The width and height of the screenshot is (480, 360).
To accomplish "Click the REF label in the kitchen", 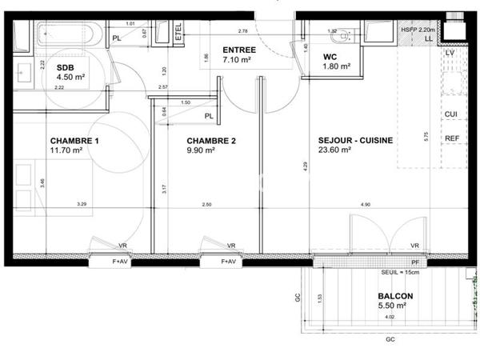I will (451, 138).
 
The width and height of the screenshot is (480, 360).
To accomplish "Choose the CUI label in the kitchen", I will (450, 114).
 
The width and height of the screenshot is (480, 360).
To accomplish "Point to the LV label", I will (450, 53).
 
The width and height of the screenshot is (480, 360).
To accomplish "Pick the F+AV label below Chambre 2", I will (229, 262).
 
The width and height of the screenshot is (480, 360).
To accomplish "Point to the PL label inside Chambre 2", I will (209, 116).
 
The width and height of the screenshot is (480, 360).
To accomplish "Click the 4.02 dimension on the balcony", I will (390, 318).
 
